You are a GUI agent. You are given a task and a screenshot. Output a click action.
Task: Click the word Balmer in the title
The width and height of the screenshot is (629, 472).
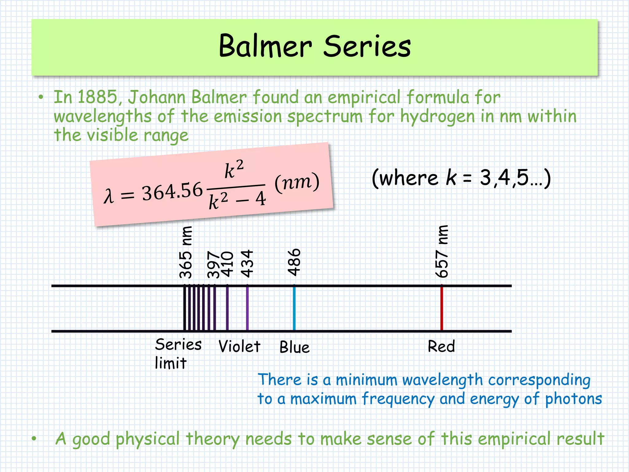265,46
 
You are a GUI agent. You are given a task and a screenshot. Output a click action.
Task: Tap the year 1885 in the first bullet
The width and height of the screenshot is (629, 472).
97,97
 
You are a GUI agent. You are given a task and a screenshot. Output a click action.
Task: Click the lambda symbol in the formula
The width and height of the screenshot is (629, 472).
108,196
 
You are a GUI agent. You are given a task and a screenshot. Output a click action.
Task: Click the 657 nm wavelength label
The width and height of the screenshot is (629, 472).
442,251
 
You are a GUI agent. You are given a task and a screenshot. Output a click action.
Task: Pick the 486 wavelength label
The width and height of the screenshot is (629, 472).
294,262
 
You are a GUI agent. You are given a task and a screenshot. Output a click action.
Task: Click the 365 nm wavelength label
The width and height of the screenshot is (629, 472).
186,252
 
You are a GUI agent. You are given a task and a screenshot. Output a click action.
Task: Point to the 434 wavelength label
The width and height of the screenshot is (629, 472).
247,263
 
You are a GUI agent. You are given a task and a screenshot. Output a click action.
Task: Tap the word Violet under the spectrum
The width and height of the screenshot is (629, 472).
239,347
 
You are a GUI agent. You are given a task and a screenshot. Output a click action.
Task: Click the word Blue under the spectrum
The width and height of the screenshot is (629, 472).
294,347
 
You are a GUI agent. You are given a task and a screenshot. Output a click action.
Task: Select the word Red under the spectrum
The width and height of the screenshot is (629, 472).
441,346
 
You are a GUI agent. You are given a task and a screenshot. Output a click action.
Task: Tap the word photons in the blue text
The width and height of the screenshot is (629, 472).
573,399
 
